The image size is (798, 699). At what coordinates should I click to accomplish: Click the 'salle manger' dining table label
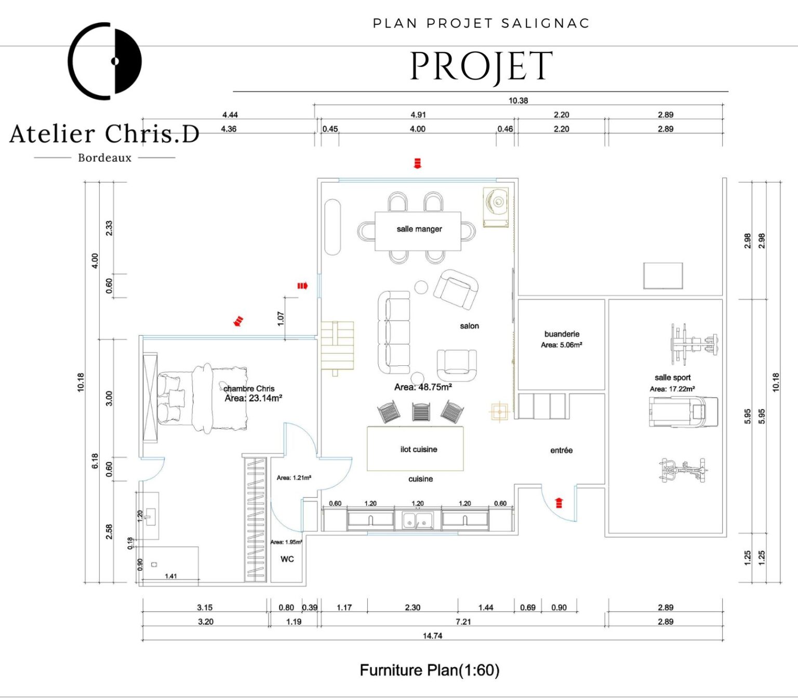click(419, 229)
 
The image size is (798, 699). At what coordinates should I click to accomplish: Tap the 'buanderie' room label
click(562, 334)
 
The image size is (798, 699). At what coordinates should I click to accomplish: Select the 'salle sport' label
click(672, 378)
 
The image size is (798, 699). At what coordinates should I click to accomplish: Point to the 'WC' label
click(287, 559)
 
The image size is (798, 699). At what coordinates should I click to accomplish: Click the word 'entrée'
click(561, 451)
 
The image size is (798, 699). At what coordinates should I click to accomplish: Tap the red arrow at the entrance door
click(559, 503)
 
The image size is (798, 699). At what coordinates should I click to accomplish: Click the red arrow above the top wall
click(417, 163)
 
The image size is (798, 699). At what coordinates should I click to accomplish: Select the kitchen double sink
click(418, 519)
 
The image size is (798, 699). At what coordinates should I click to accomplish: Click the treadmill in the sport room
click(683, 412)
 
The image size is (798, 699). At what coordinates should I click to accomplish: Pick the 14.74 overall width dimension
click(432, 636)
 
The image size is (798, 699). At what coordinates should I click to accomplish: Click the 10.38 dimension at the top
click(518, 101)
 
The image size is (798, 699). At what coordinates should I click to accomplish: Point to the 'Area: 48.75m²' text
click(423, 387)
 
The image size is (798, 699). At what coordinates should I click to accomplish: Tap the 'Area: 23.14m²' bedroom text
click(253, 399)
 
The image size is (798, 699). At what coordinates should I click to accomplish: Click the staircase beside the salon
click(337, 346)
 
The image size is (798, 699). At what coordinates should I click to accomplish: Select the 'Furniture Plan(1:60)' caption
click(429, 670)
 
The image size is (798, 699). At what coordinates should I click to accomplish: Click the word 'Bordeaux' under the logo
click(104, 158)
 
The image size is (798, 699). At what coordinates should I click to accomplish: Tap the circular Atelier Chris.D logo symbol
click(105, 61)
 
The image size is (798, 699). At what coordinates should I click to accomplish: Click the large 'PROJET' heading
click(481, 67)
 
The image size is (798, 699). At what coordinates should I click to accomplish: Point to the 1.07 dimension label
click(281, 318)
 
